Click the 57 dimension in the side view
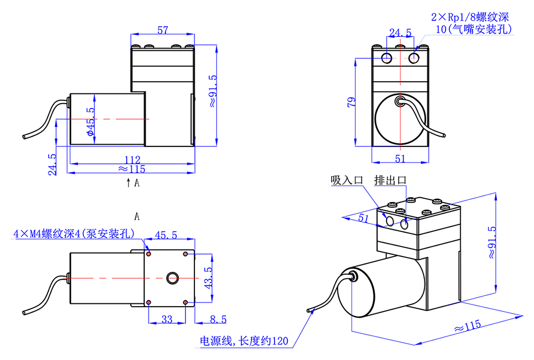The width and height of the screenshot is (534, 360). tap(163, 30)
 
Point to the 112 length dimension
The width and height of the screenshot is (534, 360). tap(132, 160)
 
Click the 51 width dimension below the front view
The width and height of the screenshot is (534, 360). tap(400, 158)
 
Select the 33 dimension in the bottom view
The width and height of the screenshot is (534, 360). tap(167, 319)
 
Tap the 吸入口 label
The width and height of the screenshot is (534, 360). tap(346, 181)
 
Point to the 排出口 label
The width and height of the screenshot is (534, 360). tap(390, 181)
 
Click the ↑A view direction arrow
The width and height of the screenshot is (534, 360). tap(133, 183)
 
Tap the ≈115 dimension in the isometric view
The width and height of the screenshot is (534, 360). tap(467, 325)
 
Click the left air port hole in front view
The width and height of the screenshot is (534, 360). tap(386, 57)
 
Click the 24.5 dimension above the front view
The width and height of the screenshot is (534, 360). tap(400, 33)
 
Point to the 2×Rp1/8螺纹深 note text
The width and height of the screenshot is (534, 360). tap(467, 17)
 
